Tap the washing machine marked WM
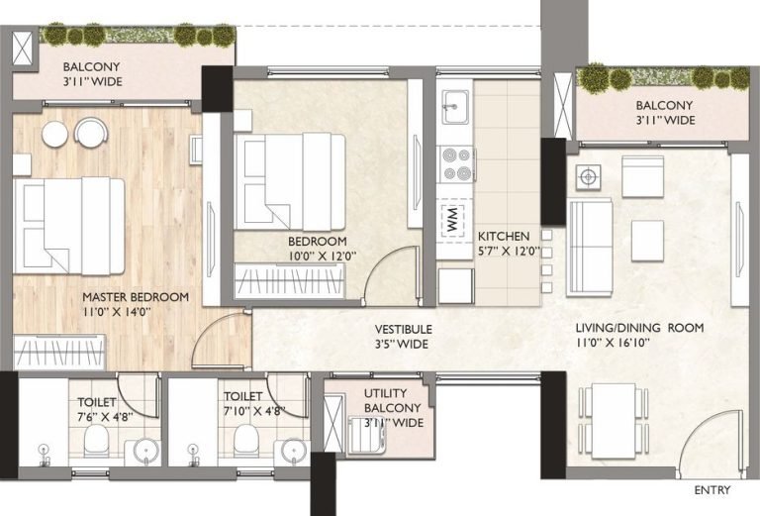(453, 220)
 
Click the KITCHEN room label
(504, 237)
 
